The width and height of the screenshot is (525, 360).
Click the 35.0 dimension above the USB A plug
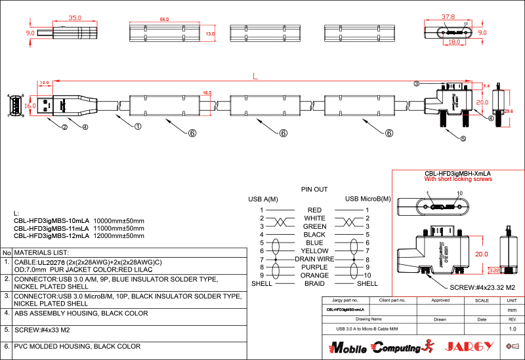pyautogui.click(x=75, y=18)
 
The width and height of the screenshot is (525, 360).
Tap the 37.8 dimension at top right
pyautogui.click(x=448, y=16)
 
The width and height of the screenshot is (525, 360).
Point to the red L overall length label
pyautogui.click(x=255, y=76)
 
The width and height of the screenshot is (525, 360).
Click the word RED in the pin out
pyautogui.click(x=314, y=210)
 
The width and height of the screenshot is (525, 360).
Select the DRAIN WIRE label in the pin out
pyautogui.click(x=314, y=259)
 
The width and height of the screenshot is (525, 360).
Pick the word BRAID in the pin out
pyautogui.click(x=314, y=283)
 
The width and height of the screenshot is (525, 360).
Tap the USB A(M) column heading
pyautogui.click(x=262, y=199)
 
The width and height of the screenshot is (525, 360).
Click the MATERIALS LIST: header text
pyautogui.click(x=41, y=252)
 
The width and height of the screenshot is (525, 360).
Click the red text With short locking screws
pyautogui.click(x=457, y=179)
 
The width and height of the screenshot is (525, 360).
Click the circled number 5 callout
pyautogui.click(x=463, y=138)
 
